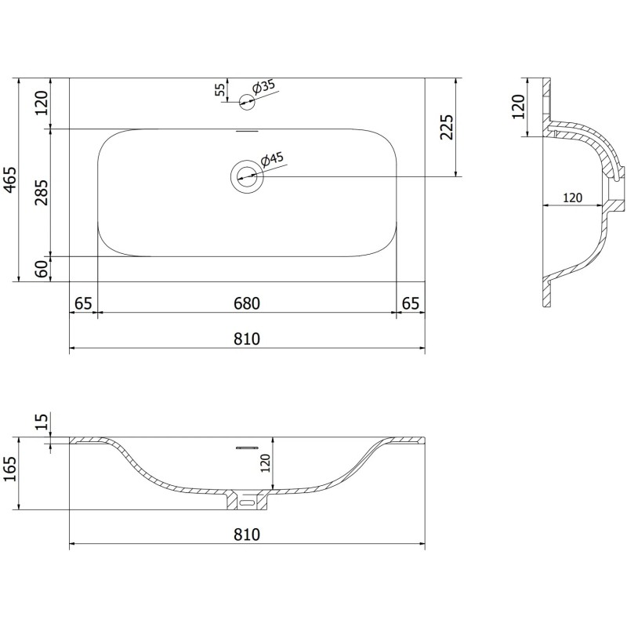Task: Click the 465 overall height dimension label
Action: pos(10,180)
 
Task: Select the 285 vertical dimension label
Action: pos(42,192)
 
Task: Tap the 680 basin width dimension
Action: pos(246,303)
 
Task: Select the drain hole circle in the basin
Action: pos(248,175)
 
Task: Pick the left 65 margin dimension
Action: pos(83,303)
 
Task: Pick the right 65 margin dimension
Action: pos(410,303)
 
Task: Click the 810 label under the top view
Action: pos(246,339)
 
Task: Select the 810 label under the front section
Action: pos(246,535)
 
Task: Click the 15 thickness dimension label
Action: pos(42,424)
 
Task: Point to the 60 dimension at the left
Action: pos(42,269)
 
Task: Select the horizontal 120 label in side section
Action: pos(571,198)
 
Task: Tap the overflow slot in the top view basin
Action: pos(248,132)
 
